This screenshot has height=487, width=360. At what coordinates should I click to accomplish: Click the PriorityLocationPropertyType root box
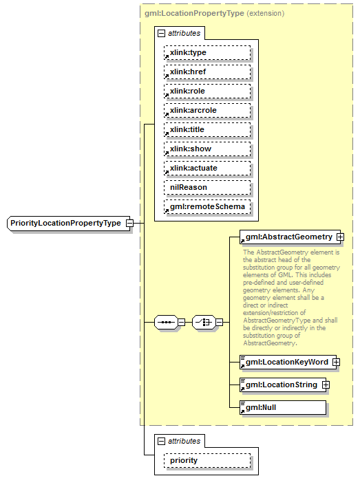click(65, 224)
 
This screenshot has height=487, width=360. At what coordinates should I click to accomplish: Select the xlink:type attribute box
click(207, 52)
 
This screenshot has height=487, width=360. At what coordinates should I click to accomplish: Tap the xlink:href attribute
click(207, 72)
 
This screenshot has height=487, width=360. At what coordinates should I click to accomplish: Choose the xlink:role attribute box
click(207, 91)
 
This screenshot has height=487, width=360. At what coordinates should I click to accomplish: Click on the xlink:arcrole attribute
click(207, 110)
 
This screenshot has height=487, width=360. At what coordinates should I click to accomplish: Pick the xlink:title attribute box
click(207, 129)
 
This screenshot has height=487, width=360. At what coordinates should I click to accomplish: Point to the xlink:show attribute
click(207, 149)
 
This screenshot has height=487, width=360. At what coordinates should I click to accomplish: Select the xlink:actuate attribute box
click(207, 168)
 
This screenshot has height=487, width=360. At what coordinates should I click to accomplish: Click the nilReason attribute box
click(207, 187)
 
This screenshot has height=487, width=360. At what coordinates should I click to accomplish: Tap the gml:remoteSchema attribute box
click(207, 206)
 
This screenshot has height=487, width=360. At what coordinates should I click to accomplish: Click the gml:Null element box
click(282, 407)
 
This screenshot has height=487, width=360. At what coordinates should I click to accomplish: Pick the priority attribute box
click(207, 461)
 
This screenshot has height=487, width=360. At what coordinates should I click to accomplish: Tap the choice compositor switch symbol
click(203, 321)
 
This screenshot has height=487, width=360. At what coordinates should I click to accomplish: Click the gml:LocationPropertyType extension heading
click(213, 13)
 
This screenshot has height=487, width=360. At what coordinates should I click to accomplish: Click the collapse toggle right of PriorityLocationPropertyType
click(129, 224)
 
